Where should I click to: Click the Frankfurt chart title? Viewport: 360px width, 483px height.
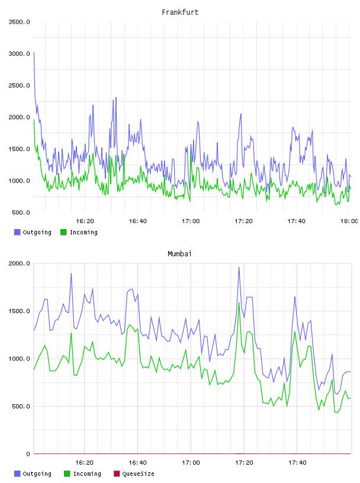coord(180,12)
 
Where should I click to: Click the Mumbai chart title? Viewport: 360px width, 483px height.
coord(179,254)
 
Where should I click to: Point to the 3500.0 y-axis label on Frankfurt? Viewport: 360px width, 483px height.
coord(19,22)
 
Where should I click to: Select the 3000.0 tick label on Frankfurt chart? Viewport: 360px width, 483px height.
coord(19,54)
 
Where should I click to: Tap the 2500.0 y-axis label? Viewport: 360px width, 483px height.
coord(19,85)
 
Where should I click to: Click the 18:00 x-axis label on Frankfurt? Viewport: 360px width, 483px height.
coord(349,221)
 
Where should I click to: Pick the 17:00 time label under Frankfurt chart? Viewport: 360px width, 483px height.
coord(191,221)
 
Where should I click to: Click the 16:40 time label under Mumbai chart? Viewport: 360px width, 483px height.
coord(137,463)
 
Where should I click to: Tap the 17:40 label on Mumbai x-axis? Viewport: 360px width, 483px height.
coord(297,463)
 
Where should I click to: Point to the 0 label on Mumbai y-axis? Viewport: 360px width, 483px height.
coord(28,454)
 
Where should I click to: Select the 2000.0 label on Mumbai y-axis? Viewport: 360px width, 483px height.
coord(19,263)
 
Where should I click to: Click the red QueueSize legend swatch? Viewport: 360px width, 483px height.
coord(117,474)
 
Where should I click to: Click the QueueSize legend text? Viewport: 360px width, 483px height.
coord(139,474)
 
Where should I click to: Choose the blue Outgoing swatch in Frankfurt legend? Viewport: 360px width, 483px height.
coord(17,232)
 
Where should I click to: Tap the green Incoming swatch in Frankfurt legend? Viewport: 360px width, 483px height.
coord(63,232)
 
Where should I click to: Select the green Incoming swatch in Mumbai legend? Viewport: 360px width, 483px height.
coord(67,474)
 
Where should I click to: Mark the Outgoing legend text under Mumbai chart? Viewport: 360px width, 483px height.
coord(37,474)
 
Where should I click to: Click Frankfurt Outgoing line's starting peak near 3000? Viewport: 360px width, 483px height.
coord(34,52)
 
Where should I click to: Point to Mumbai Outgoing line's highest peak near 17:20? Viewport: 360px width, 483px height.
coord(239,268)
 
